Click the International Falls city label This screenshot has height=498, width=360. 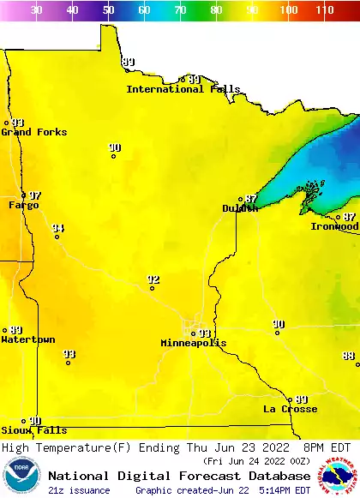click(177, 89)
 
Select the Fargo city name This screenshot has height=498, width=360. click(24, 205)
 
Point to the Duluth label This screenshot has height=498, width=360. click(240, 208)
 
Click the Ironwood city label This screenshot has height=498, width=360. click(334, 226)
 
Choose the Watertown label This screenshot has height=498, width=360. click(28, 339)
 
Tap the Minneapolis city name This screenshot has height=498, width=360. click(194, 343)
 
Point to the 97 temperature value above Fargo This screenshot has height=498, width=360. click(35, 195)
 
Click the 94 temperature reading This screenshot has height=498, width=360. click(57, 228)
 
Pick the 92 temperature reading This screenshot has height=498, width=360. click(153, 279)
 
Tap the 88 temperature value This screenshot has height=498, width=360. click(349, 356)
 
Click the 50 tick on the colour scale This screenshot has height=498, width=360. click(108, 10)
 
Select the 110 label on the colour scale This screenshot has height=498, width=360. click(323, 10)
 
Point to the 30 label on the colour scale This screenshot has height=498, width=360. click(36, 10)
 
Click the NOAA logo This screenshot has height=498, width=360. click(21, 477)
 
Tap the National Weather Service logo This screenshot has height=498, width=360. click(339, 477)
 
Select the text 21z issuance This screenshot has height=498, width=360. click(79, 490)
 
